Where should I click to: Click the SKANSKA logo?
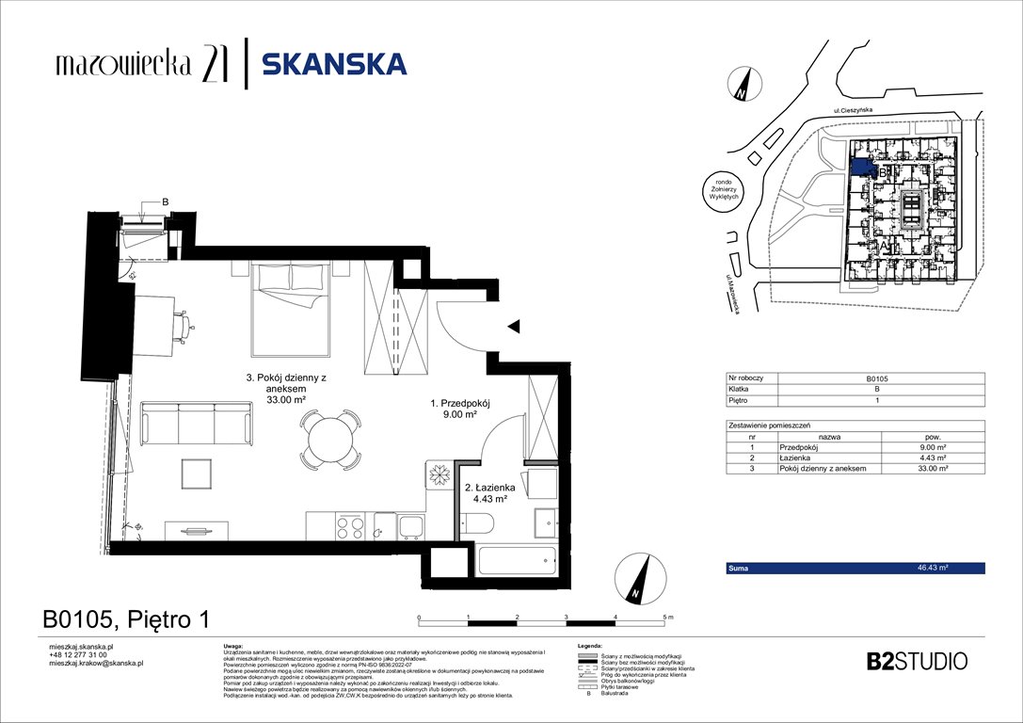click(333, 64)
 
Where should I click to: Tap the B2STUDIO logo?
click(916, 661)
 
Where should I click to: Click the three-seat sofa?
click(196, 423)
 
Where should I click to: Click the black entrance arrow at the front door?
click(514, 327)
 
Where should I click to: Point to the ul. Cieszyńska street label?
click(853, 111)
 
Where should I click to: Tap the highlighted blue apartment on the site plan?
click(861, 166)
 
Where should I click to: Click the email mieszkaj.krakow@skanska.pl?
click(96, 663)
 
